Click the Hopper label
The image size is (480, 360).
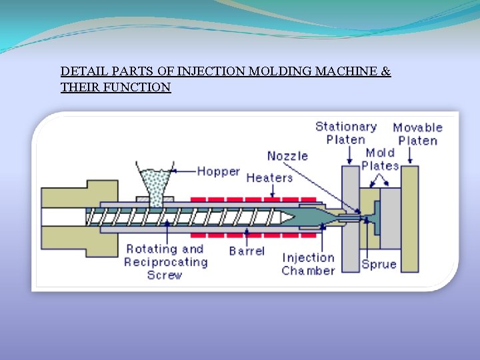tap(218, 171)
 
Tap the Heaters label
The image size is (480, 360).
tap(269, 177)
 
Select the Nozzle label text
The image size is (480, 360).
tap(287, 156)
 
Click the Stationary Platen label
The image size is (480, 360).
tap(346, 133)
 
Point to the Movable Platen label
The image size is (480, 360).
tap(418, 133)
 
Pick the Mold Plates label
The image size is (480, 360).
tap(380, 159)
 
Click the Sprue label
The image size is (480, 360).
tap(379, 264)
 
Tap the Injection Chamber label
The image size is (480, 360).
tap(308, 264)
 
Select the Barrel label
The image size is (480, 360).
tap(247, 251)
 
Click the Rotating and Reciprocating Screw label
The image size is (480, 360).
tap(165, 261)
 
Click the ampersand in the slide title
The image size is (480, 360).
tap(386, 71)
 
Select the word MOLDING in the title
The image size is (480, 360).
tap(276, 71)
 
